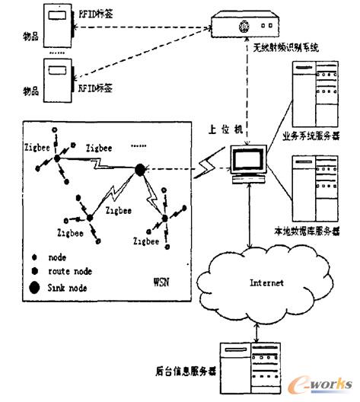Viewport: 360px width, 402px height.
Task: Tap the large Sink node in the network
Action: tap(139, 169)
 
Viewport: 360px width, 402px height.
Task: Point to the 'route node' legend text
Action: tap(71, 271)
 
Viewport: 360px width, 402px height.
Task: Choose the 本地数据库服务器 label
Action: tap(305, 229)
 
